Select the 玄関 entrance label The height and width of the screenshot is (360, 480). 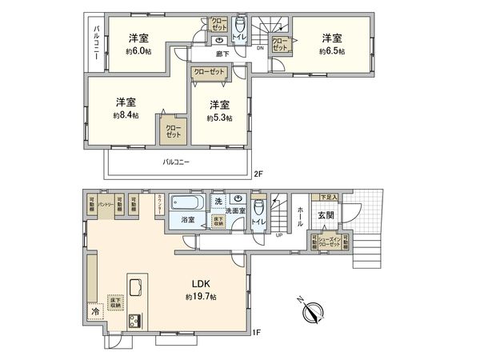point(325,215)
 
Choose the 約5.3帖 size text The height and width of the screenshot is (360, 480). point(219,118)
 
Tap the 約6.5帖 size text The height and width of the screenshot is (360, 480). point(331,50)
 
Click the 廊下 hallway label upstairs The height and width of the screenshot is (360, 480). point(223,54)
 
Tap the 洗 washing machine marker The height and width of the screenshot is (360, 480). point(218,202)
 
